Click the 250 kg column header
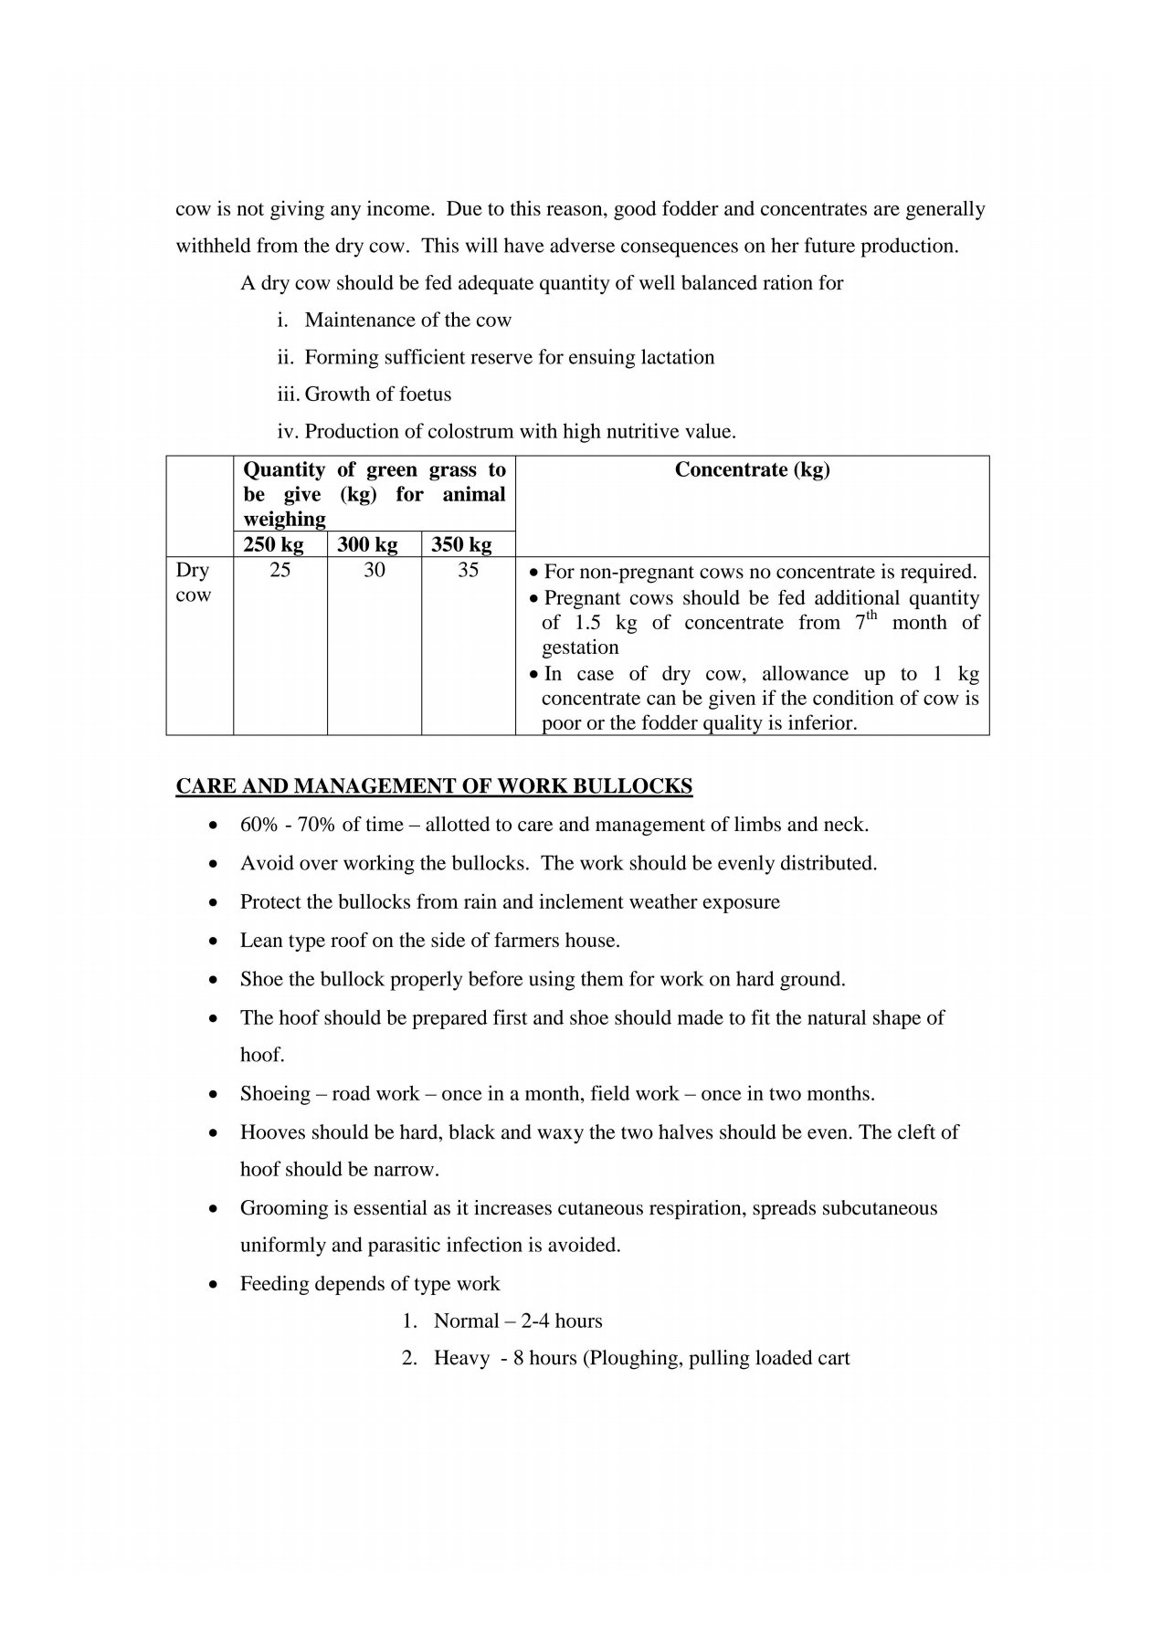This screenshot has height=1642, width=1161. [273, 545]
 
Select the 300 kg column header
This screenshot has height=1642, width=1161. [367, 545]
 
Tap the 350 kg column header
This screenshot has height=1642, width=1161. [461, 545]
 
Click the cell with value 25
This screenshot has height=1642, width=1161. [280, 571]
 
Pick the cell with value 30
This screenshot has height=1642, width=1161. [375, 571]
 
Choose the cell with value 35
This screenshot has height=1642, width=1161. [468, 571]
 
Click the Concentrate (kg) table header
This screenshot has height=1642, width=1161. [752, 470]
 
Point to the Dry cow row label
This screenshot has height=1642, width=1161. [193, 583]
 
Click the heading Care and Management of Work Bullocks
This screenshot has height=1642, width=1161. [434, 786]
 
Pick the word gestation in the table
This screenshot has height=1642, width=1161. [580, 647]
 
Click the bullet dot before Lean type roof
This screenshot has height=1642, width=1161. [213, 941]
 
